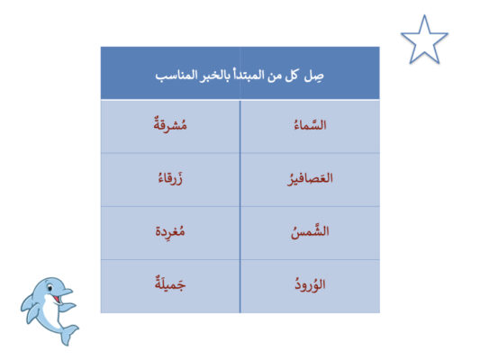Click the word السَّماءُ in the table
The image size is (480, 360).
310,125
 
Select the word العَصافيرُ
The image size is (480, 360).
310,178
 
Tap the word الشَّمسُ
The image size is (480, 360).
310,231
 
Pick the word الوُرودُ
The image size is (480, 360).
310,284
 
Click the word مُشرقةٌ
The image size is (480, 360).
170,125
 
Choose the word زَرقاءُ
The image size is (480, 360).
170,178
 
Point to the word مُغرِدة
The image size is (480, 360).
170,231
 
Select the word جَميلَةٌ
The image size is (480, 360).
170,283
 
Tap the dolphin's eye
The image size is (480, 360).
50,288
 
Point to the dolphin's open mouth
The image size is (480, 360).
56,298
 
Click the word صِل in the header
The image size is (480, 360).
313,76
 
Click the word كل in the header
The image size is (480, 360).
292,76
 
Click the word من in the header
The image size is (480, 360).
275,76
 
